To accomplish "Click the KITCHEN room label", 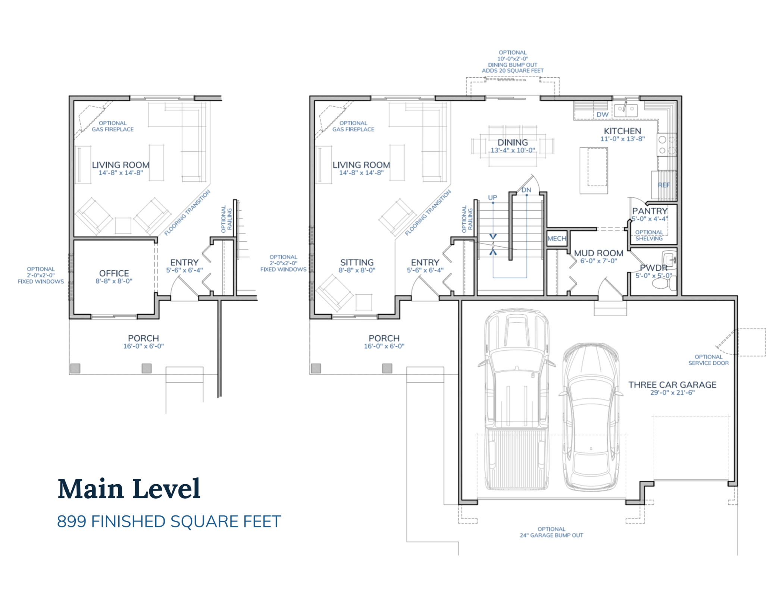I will tap(622, 131).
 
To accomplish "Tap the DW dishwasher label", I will tap(602, 115).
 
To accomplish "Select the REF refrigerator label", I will tap(664, 185).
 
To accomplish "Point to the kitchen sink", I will tap(626, 109).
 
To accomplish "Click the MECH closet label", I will tap(557, 238).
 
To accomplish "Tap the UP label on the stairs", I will tap(492, 197).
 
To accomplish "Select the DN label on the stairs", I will tap(526, 190).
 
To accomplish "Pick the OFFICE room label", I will tap(114, 273).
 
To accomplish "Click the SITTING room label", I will tap(357, 262).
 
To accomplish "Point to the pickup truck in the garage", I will tap(517, 399).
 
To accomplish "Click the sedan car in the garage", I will tap(591, 416).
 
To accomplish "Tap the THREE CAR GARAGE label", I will tap(672, 385).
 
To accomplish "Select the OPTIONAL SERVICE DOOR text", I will tap(708, 360).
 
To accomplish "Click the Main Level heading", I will tap(129, 489).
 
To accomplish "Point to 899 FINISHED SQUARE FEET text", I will tap(169, 521).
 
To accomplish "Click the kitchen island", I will tap(594, 170).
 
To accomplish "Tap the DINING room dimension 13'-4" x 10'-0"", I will tap(513, 150).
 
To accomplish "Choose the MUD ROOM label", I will tap(598, 253).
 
